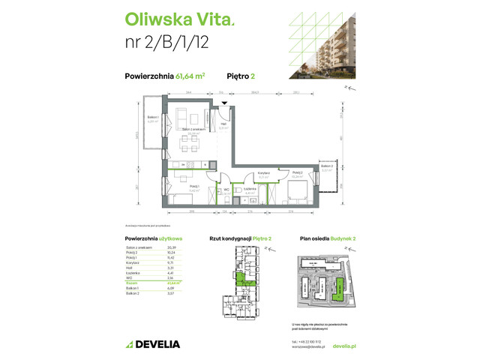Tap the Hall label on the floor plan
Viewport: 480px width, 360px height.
click(x=223, y=125)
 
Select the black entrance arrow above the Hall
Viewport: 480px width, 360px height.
click(x=223, y=103)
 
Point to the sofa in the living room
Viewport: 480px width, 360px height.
click(x=181, y=119)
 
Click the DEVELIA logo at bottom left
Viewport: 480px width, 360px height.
click(x=152, y=344)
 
